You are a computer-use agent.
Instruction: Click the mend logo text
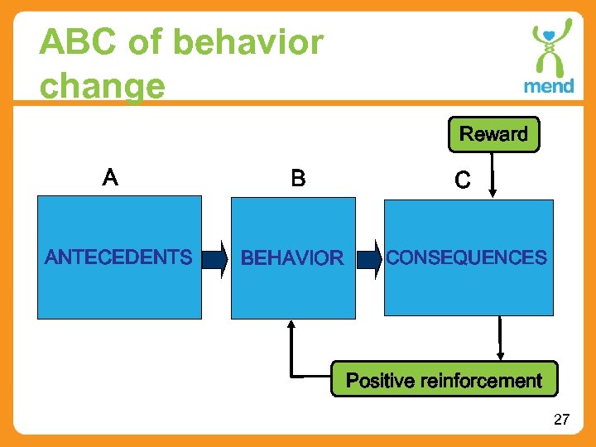pyautogui.click(x=548, y=86)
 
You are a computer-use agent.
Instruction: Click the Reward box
pyautogui.click(x=493, y=134)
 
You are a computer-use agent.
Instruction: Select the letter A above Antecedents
pyautogui.click(x=110, y=176)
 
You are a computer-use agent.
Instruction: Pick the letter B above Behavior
pyautogui.click(x=298, y=178)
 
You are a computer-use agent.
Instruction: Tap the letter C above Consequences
pyautogui.click(x=463, y=180)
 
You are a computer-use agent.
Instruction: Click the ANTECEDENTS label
pyautogui.click(x=118, y=257)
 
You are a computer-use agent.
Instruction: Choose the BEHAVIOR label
pyautogui.click(x=291, y=258)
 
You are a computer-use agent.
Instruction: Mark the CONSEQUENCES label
pyautogui.click(x=467, y=257)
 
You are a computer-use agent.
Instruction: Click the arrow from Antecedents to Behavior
pyautogui.click(x=214, y=257)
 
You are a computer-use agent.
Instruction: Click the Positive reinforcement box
pyautogui.click(x=445, y=380)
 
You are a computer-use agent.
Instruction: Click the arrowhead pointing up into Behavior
pyautogui.click(x=291, y=326)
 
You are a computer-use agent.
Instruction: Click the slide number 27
pyautogui.click(x=561, y=420)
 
